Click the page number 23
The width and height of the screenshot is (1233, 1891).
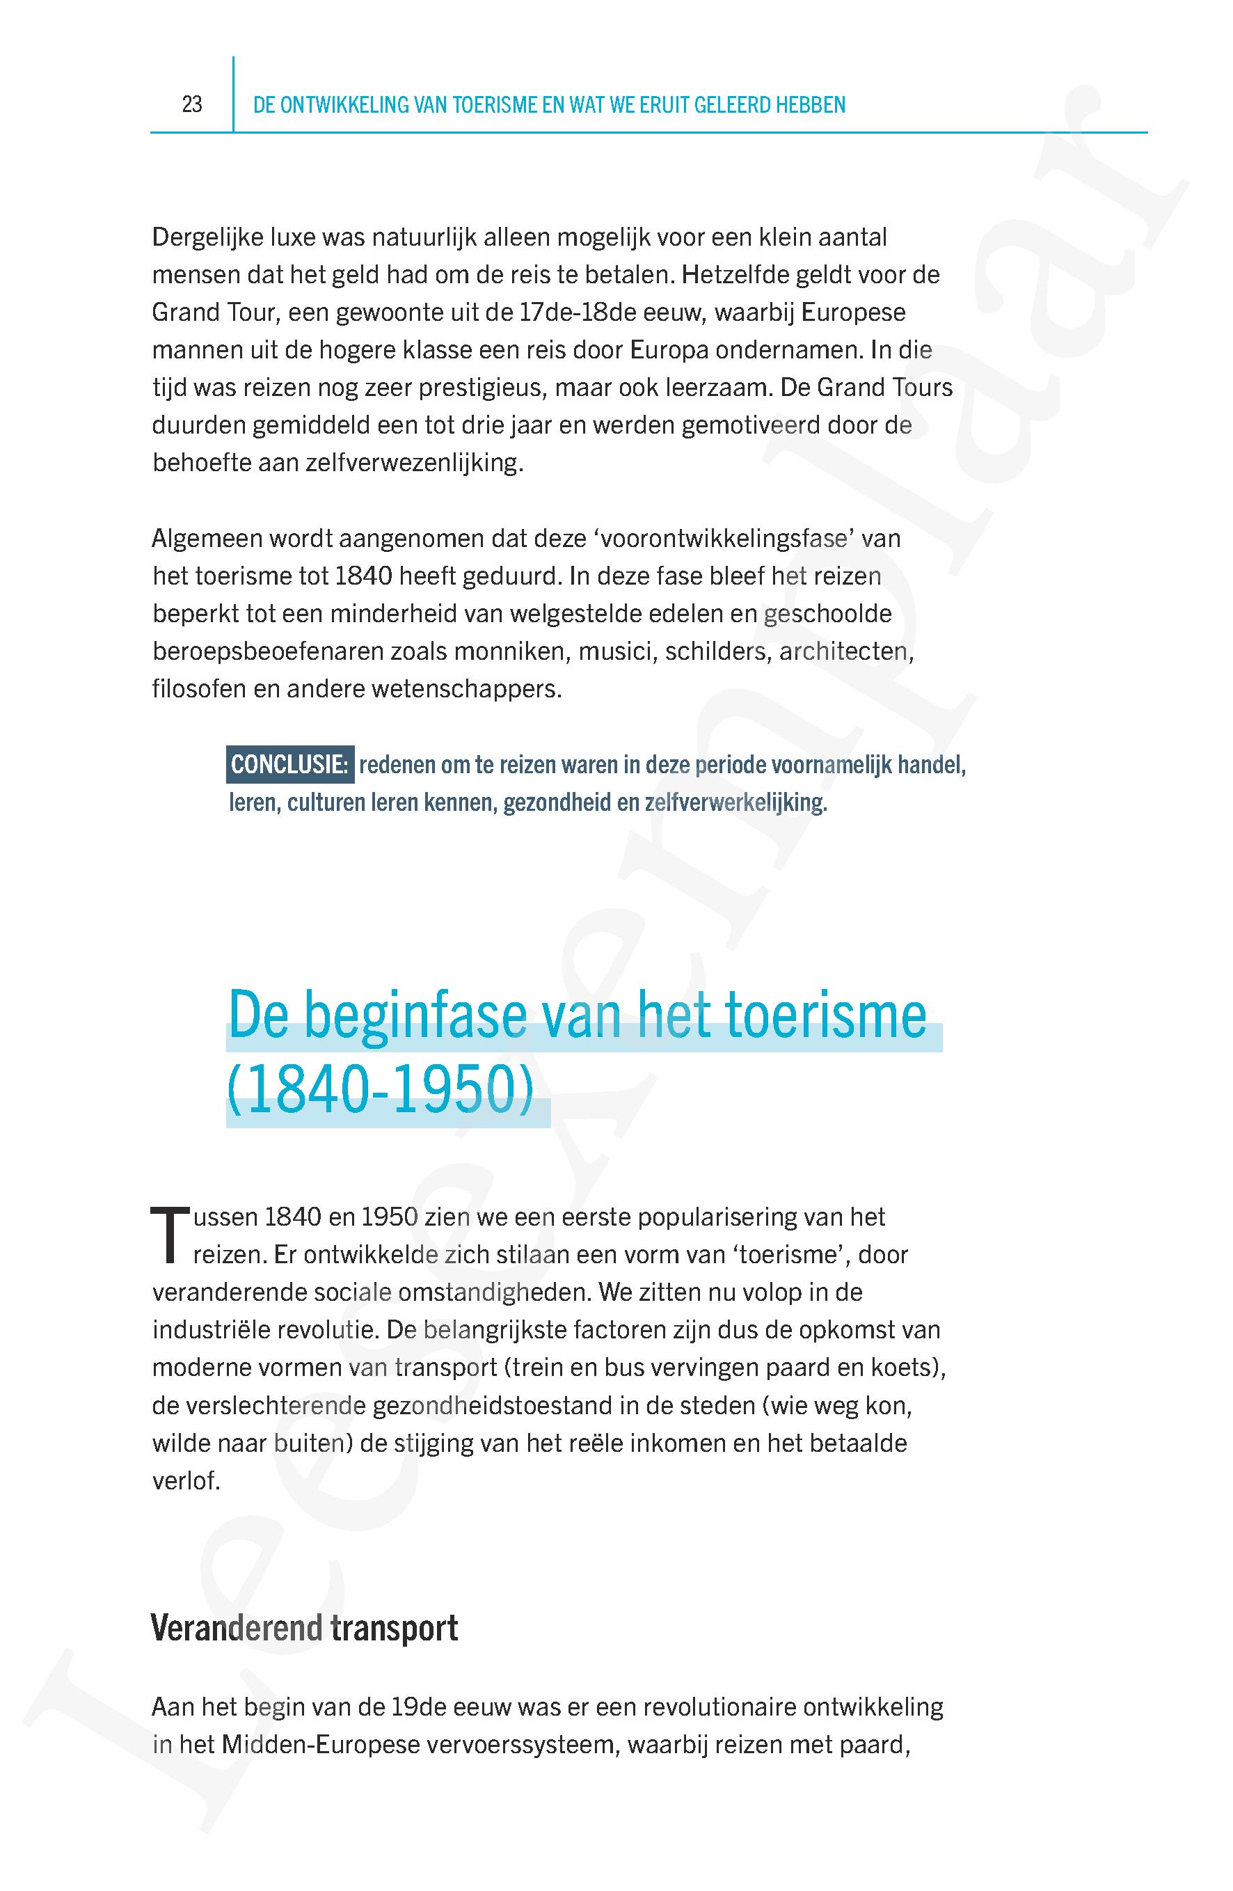pos(191,104)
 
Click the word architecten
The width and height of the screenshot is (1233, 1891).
pos(846,651)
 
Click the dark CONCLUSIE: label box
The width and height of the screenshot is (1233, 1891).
pos(289,764)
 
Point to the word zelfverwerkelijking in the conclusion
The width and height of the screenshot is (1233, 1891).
pos(735,802)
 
